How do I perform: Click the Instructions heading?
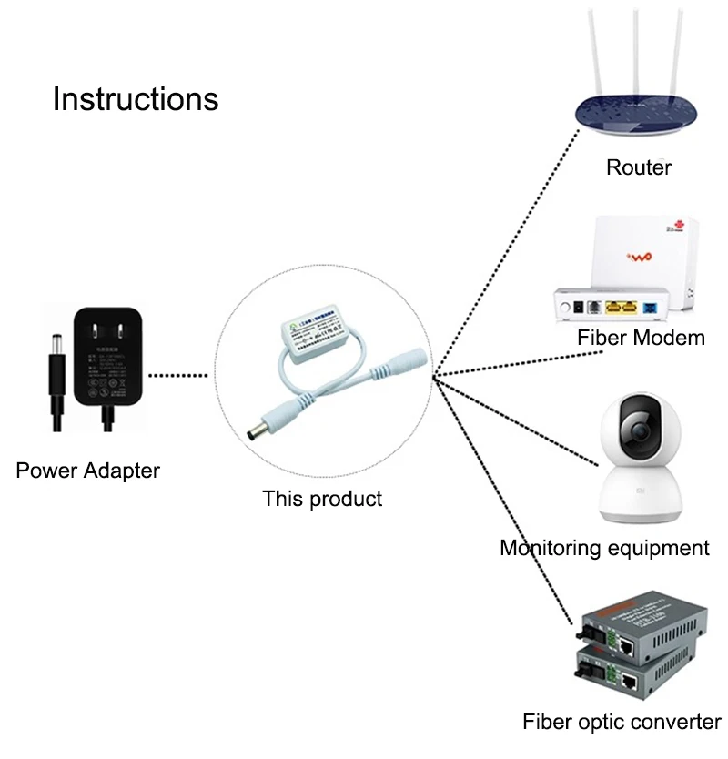click(x=136, y=98)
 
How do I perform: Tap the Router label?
click(x=639, y=167)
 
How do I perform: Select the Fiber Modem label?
click(x=641, y=338)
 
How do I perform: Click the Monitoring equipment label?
click(x=604, y=548)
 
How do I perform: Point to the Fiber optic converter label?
click(x=622, y=723)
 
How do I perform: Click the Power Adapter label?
click(x=87, y=471)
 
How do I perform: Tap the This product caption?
click(x=322, y=499)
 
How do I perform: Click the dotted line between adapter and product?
click(x=182, y=374)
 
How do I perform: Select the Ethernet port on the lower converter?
click(x=630, y=681)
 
